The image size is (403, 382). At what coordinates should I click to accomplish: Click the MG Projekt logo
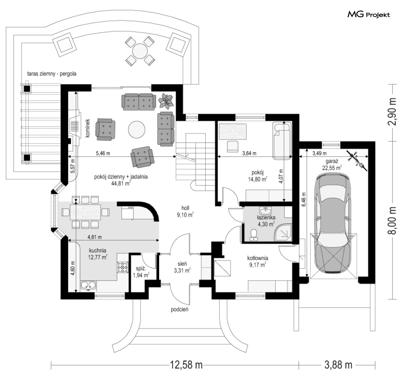point(369,15)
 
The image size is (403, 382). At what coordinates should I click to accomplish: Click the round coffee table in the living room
point(136,130)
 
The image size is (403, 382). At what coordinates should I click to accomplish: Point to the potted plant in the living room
point(166,100)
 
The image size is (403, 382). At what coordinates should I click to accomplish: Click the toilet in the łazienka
point(254,235)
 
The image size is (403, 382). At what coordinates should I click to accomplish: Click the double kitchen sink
point(88,286)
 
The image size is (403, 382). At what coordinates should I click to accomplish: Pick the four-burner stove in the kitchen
point(123,267)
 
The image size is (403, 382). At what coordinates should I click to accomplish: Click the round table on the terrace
point(140,51)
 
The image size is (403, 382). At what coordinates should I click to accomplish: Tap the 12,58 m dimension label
point(186,365)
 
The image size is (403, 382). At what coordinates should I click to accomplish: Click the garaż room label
point(332,161)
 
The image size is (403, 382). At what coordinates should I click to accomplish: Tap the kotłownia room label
point(258,258)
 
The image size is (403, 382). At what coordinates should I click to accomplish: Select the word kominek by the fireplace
point(87,128)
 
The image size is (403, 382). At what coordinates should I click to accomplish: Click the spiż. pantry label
point(141,268)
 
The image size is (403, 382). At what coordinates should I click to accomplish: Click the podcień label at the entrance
point(180,309)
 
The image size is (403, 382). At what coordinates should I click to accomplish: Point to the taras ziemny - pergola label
point(52,74)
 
